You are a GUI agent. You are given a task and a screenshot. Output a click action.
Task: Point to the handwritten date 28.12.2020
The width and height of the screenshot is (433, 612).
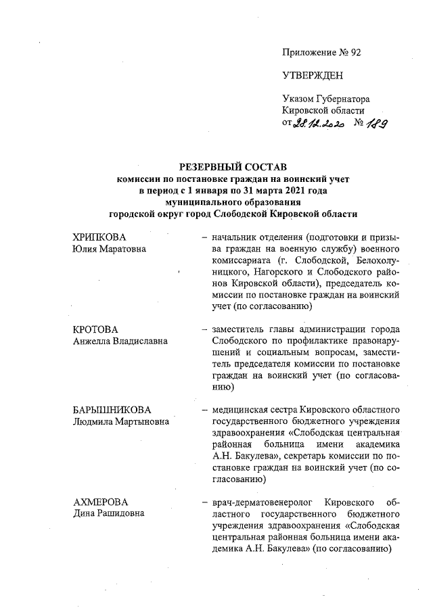(319, 124)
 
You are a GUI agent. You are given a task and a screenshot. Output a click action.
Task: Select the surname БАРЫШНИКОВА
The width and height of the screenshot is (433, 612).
(112, 410)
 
